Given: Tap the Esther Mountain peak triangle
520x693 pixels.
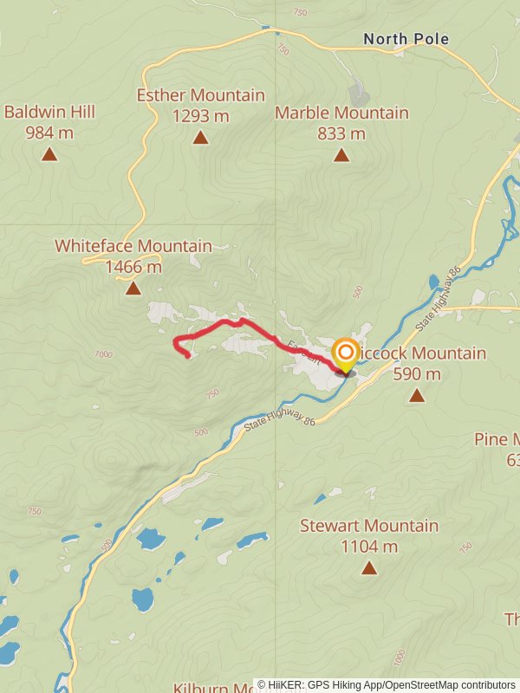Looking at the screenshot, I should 200,138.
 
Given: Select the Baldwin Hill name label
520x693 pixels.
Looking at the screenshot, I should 49,112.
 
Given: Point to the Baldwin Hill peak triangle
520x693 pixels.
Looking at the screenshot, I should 49,154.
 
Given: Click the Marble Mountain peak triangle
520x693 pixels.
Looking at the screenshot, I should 341,155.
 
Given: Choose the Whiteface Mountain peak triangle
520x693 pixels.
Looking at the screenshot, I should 133,288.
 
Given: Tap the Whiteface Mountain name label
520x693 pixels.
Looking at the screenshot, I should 133,246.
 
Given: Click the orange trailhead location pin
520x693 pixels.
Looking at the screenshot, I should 346,354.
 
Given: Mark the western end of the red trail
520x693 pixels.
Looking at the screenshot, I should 189,356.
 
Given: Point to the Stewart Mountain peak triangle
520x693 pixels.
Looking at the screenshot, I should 369,568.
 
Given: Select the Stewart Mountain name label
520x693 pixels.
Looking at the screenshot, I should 369,526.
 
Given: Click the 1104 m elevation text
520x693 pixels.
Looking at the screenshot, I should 369,547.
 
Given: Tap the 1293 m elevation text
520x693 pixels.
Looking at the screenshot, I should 200,115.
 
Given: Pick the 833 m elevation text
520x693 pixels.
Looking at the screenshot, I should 341,133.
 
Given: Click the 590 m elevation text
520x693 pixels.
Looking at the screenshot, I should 417,374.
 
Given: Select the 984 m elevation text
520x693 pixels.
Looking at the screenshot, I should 49,133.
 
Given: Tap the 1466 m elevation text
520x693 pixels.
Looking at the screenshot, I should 133,267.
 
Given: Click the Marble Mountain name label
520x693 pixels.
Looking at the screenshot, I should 341,113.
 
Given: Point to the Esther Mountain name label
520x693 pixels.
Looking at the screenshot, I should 200,94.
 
